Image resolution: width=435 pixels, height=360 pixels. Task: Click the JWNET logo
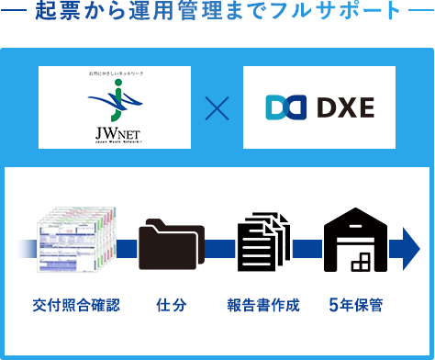(116, 108)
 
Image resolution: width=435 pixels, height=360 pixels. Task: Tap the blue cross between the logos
(217, 108)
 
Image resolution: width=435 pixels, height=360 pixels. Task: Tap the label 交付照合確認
(75, 304)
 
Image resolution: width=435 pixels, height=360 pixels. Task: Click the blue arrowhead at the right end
(405, 247)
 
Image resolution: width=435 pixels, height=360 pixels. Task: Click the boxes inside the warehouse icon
(361, 263)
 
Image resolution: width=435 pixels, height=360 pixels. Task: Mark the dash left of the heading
(15, 15)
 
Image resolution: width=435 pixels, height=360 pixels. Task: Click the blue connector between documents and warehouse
(307, 248)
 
